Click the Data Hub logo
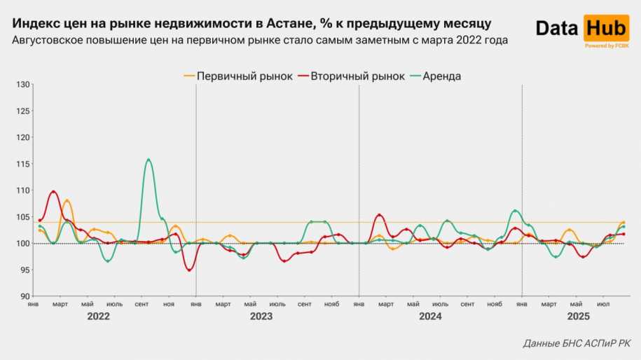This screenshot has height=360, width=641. (x=582, y=29)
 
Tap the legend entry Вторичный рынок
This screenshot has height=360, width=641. (x=351, y=76)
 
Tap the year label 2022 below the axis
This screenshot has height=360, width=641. (x=99, y=317)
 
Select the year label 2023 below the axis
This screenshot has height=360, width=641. (x=261, y=317)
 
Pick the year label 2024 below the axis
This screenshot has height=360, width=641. (x=430, y=317)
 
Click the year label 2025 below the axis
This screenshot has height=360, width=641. (x=578, y=317)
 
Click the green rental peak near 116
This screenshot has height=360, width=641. (x=149, y=160)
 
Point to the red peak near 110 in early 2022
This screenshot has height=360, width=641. (x=53, y=191)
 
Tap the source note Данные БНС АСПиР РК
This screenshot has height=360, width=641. (x=577, y=344)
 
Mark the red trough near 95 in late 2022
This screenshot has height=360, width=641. (x=189, y=270)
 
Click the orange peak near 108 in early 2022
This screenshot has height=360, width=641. (x=67, y=201)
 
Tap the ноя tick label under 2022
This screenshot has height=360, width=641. (x=168, y=305)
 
